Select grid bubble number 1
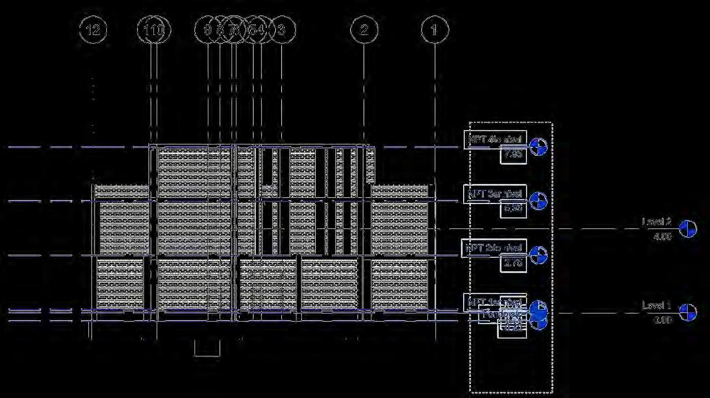[x=435, y=29]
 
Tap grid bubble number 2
[x=364, y=29]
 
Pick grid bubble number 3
[x=281, y=29]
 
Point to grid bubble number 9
[x=207, y=29]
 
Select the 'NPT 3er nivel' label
[x=494, y=194]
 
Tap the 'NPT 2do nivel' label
[x=494, y=248]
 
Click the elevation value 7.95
[x=512, y=155]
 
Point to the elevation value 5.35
[x=512, y=209]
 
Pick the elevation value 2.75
[x=512, y=263]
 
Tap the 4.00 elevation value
[x=662, y=236]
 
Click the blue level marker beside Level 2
[x=688, y=228]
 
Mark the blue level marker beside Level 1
[x=688, y=312]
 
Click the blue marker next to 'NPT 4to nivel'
[x=538, y=147]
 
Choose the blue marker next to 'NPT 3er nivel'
[x=538, y=201]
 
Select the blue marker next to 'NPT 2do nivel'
[x=538, y=255]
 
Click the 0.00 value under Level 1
[x=662, y=320]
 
